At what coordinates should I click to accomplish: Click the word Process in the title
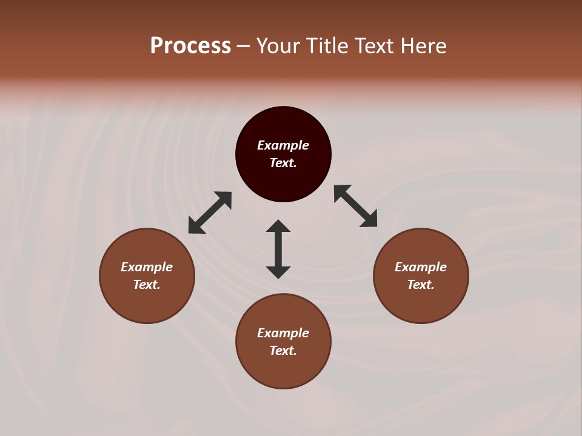pyautogui.click(x=190, y=46)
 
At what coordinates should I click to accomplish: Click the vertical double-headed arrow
pyautogui.click(x=278, y=249)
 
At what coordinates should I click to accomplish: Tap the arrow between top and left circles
pyautogui.click(x=210, y=213)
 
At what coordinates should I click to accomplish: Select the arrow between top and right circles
pyautogui.click(x=356, y=206)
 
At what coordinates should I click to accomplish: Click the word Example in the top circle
pyautogui.click(x=283, y=145)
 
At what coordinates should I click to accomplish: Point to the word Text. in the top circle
pyautogui.click(x=283, y=163)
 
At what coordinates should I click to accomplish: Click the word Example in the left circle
pyautogui.click(x=147, y=267)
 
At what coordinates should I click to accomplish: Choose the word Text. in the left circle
pyautogui.click(x=147, y=285)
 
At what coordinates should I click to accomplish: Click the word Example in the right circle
pyautogui.click(x=421, y=267)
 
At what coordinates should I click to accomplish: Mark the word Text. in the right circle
pyautogui.click(x=421, y=285)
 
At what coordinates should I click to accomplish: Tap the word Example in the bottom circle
pyautogui.click(x=283, y=333)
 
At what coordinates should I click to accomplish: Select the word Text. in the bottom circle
pyautogui.click(x=283, y=351)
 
